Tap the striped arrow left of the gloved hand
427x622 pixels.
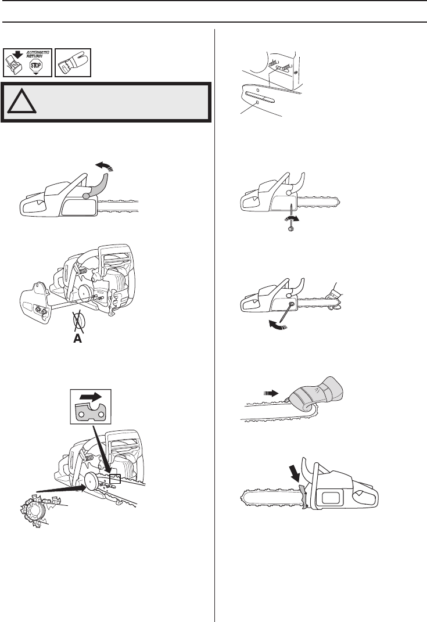272,393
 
